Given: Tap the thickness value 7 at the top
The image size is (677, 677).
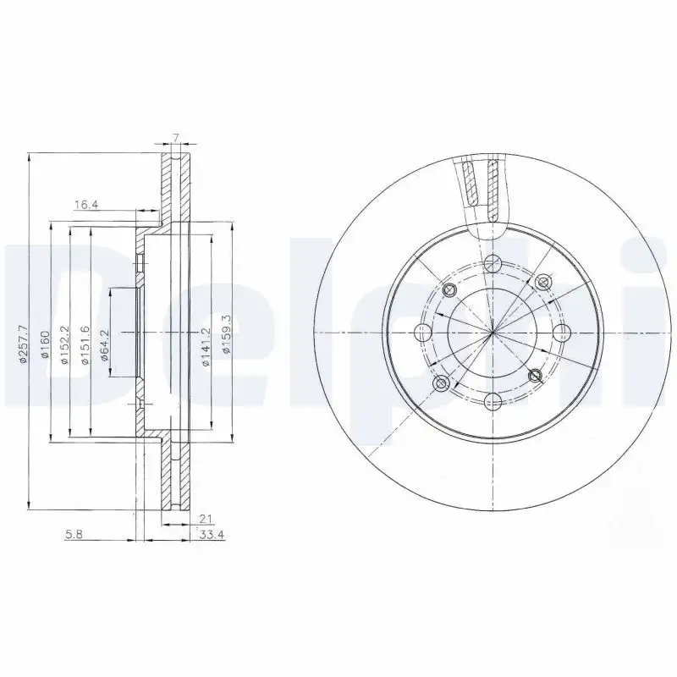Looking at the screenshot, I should click(174, 137).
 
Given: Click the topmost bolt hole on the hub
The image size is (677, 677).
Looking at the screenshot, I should click(493, 261).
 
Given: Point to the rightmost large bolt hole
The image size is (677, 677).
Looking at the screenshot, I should click(564, 332).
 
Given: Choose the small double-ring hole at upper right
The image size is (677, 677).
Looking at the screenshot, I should click(543, 280).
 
